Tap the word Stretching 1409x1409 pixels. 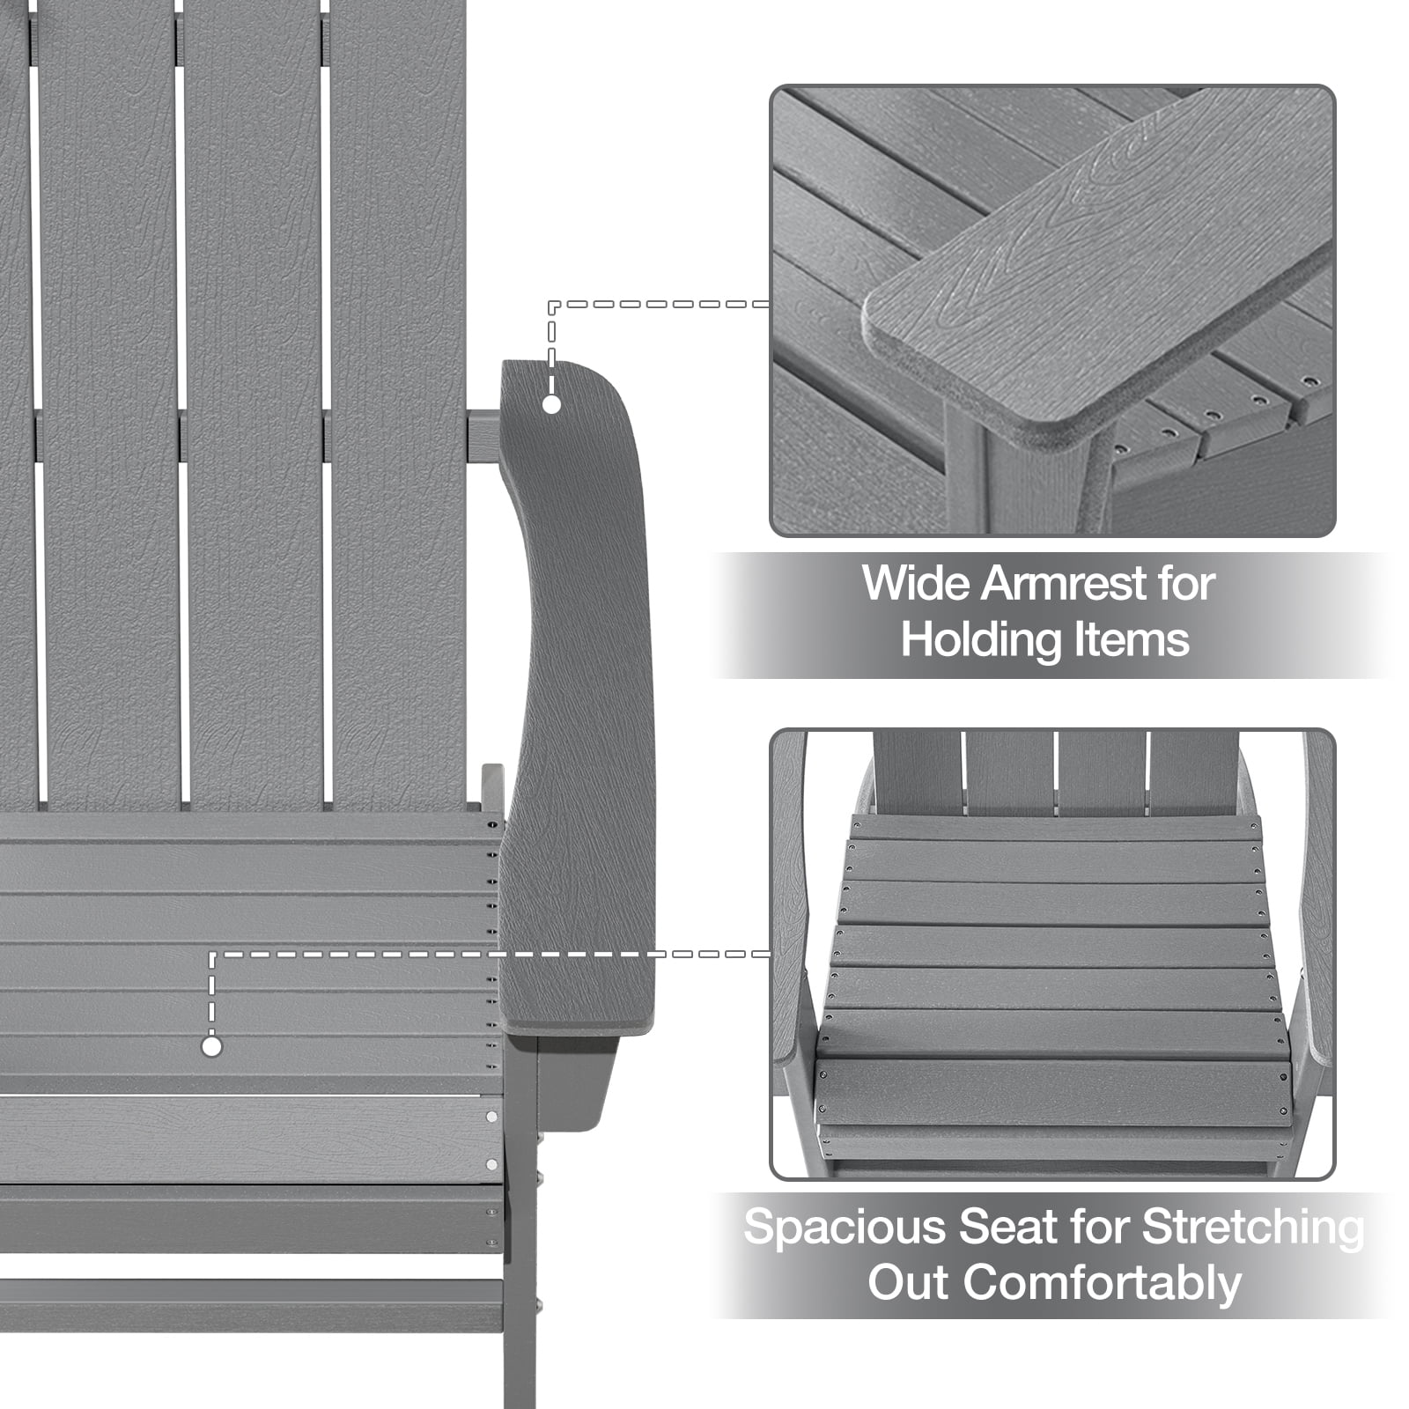[x=1254, y=1228]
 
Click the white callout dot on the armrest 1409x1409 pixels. [x=552, y=404]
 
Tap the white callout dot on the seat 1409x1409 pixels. [x=211, y=1047]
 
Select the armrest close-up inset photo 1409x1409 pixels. [x=1052, y=311]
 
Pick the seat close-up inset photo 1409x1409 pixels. [x=1052, y=955]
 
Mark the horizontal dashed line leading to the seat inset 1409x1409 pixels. [x=490, y=954]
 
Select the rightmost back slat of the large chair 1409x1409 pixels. [x=398, y=405]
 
